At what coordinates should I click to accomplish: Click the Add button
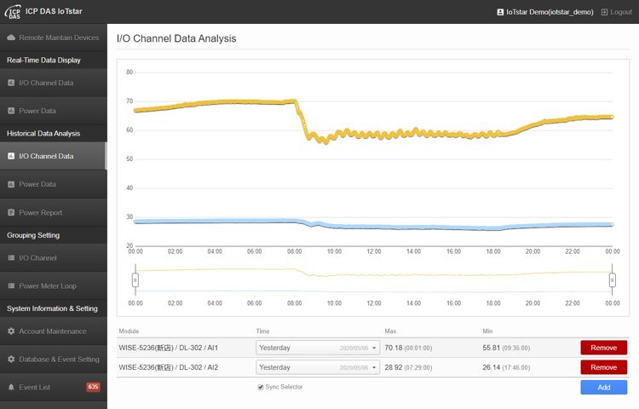click(x=603, y=387)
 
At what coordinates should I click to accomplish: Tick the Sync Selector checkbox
click(x=261, y=387)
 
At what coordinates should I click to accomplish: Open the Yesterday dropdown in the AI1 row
click(x=318, y=348)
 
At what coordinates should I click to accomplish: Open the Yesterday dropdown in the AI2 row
click(x=318, y=367)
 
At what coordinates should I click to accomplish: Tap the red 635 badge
click(x=93, y=387)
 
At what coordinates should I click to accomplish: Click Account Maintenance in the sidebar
click(x=52, y=331)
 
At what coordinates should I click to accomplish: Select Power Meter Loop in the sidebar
click(x=47, y=285)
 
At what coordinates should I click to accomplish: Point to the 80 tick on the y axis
click(x=130, y=72)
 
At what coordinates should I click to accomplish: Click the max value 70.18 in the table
click(x=394, y=348)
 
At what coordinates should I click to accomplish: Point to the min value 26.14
click(x=492, y=367)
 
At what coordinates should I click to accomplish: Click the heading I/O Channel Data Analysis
click(x=176, y=38)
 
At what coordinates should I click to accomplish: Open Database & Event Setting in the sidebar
click(x=59, y=359)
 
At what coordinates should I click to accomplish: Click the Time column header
click(x=263, y=331)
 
